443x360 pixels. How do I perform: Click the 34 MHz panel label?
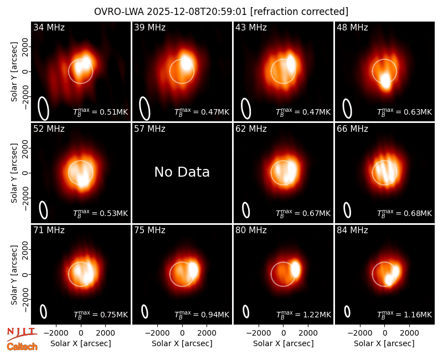pyautogui.click(x=49, y=27)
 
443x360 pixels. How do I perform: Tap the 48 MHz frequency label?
pyautogui.click(x=352, y=27)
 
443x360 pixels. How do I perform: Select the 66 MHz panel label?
pyautogui.click(x=352, y=129)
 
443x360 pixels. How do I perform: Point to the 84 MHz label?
pyautogui.click(x=352, y=230)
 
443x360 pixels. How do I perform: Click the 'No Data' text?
pyautogui.click(x=182, y=172)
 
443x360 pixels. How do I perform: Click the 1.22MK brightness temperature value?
pyautogui.click(x=317, y=315)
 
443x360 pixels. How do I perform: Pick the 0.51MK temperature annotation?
pyautogui.click(x=114, y=112)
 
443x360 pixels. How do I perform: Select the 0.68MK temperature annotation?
pyautogui.click(x=418, y=213)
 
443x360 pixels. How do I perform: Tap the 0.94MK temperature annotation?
pyautogui.click(x=215, y=315)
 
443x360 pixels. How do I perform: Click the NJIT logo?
pyautogui.click(x=22, y=334)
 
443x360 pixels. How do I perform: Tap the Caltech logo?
pyautogui.click(x=22, y=347)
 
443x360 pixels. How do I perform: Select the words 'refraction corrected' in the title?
pyautogui.click(x=299, y=12)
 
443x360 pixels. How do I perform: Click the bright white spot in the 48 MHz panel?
pyautogui.click(x=385, y=81)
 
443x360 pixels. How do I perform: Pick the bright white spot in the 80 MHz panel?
pyautogui.click(x=295, y=269)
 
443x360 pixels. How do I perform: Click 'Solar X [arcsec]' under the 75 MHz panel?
pyautogui.click(x=182, y=343)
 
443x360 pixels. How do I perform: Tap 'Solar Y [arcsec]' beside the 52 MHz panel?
pyautogui.click(x=14, y=173)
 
